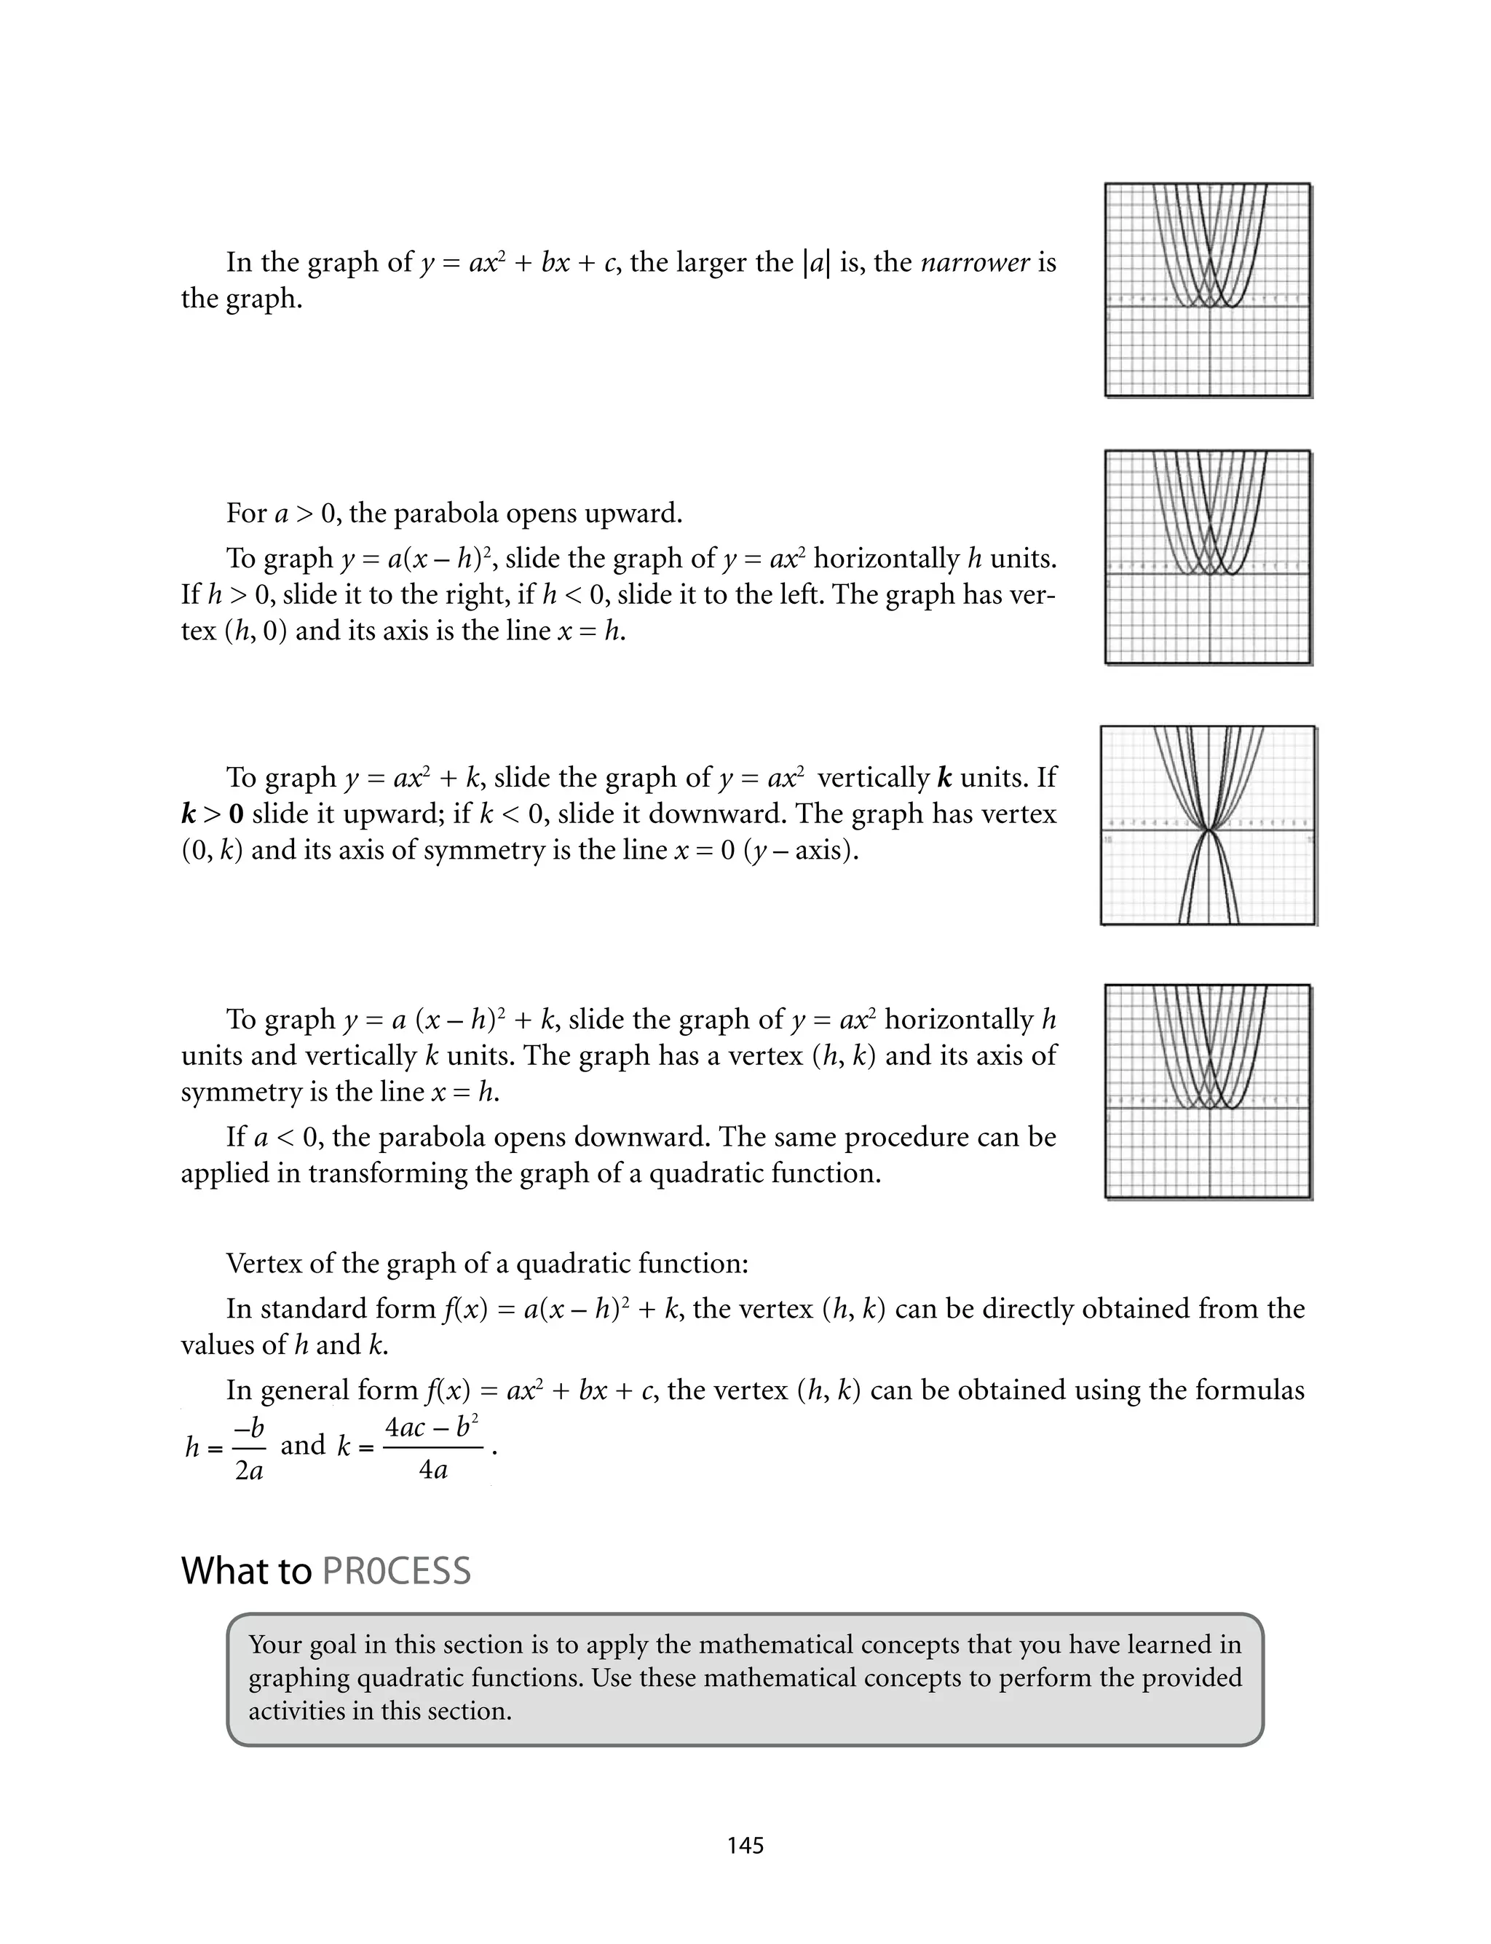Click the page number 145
tap(745, 1846)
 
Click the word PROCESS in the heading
tap(396, 1570)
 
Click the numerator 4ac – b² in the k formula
tap(432, 1426)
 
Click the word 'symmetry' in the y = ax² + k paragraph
tap(455, 851)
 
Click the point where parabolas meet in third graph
tap(1208, 831)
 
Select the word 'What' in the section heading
tap(215, 1570)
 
